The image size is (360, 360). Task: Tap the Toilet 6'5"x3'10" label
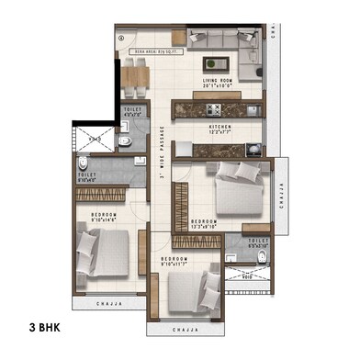tap(258, 243)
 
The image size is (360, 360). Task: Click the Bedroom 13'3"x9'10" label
tap(204, 223)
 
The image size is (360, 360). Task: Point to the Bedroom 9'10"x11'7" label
tap(174, 262)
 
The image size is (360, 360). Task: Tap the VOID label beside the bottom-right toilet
tap(247, 275)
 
